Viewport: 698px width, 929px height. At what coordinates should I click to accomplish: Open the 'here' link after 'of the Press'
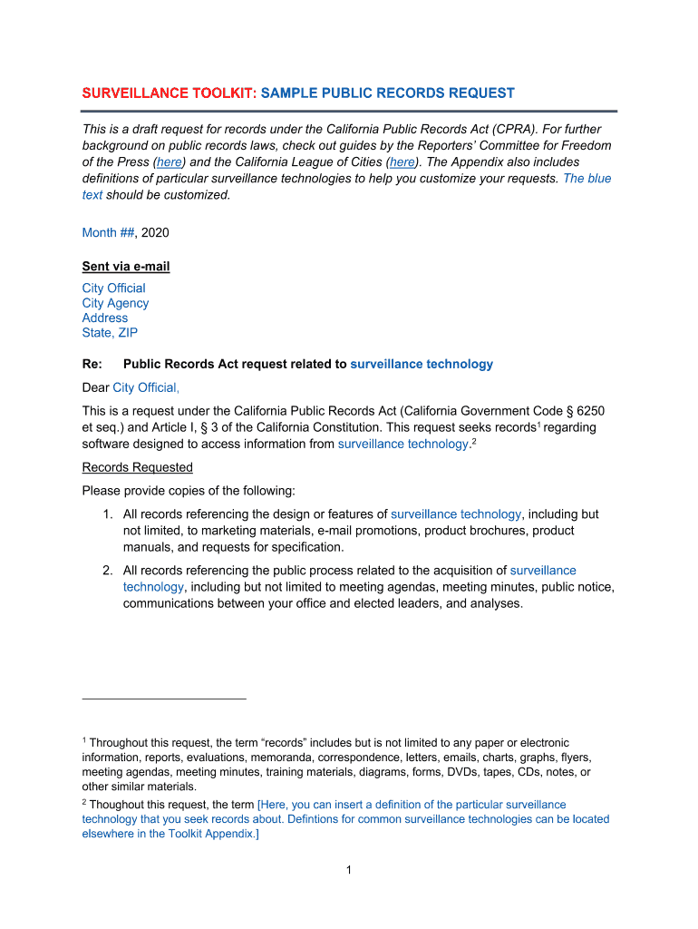[x=169, y=162]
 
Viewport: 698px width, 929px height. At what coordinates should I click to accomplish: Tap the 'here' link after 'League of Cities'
[x=402, y=162]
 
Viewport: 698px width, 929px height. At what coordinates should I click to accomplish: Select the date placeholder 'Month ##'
[x=108, y=233]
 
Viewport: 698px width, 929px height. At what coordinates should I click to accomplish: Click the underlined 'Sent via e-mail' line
[x=126, y=267]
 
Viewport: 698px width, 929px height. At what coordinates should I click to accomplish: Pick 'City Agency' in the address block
[x=115, y=303]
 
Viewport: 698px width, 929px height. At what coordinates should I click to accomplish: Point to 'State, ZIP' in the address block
[x=110, y=333]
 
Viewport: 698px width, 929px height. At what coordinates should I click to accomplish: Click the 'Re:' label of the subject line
[x=92, y=365]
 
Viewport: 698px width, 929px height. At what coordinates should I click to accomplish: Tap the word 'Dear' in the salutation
[x=95, y=388]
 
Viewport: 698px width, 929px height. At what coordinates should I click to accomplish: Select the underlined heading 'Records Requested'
[x=137, y=468]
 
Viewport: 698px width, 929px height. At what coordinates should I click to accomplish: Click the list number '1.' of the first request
[x=107, y=514]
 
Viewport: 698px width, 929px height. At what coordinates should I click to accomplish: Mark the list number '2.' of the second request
[x=107, y=571]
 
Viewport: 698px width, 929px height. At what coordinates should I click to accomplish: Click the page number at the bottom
[x=348, y=871]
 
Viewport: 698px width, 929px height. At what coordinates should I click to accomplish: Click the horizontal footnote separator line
[x=164, y=699]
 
